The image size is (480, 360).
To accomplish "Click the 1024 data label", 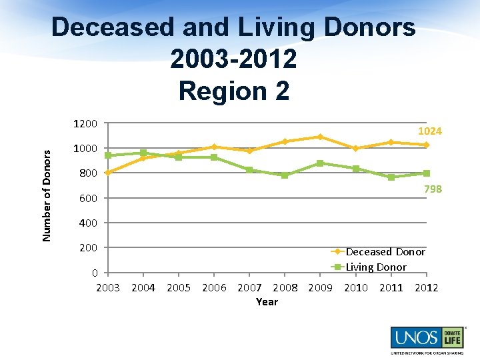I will pos(429,131).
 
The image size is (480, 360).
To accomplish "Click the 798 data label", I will pos(433,189).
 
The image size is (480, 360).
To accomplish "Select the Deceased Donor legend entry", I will pos(385,252).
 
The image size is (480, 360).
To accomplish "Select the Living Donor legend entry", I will pos(375,267).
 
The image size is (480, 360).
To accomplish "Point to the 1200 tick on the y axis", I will pos(86,124).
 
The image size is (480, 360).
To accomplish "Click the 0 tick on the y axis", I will pos(95,273).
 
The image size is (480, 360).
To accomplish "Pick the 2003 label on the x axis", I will pos(108,288).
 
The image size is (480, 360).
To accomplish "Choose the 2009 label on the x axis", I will pos(320,288).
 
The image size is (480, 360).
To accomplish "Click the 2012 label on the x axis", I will pos(426,288).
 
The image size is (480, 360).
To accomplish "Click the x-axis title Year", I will pos(267,302).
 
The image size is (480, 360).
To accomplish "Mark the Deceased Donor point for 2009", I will pos(320,137).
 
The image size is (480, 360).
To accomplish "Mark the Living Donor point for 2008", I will pos(285,175).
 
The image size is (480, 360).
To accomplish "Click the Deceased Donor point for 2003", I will pos(108,173).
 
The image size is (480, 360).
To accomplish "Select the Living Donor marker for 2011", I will pos(391,177).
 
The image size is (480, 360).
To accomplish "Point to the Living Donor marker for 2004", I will pos(143,153).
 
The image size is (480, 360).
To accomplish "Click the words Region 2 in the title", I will pos(234,91).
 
